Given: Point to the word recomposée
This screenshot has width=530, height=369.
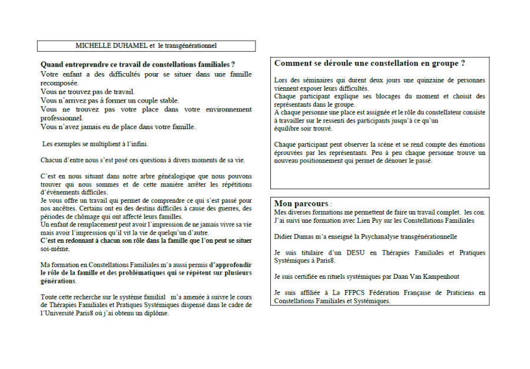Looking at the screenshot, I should tap(59, 83).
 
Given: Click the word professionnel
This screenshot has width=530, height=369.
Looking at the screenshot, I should tap(61, 118).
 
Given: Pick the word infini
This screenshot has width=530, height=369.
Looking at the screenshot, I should tap(139, 144).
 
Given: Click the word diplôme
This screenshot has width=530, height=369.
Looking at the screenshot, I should tap(155, 313).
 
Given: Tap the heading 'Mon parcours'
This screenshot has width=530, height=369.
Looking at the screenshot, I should tap(301, 203).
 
